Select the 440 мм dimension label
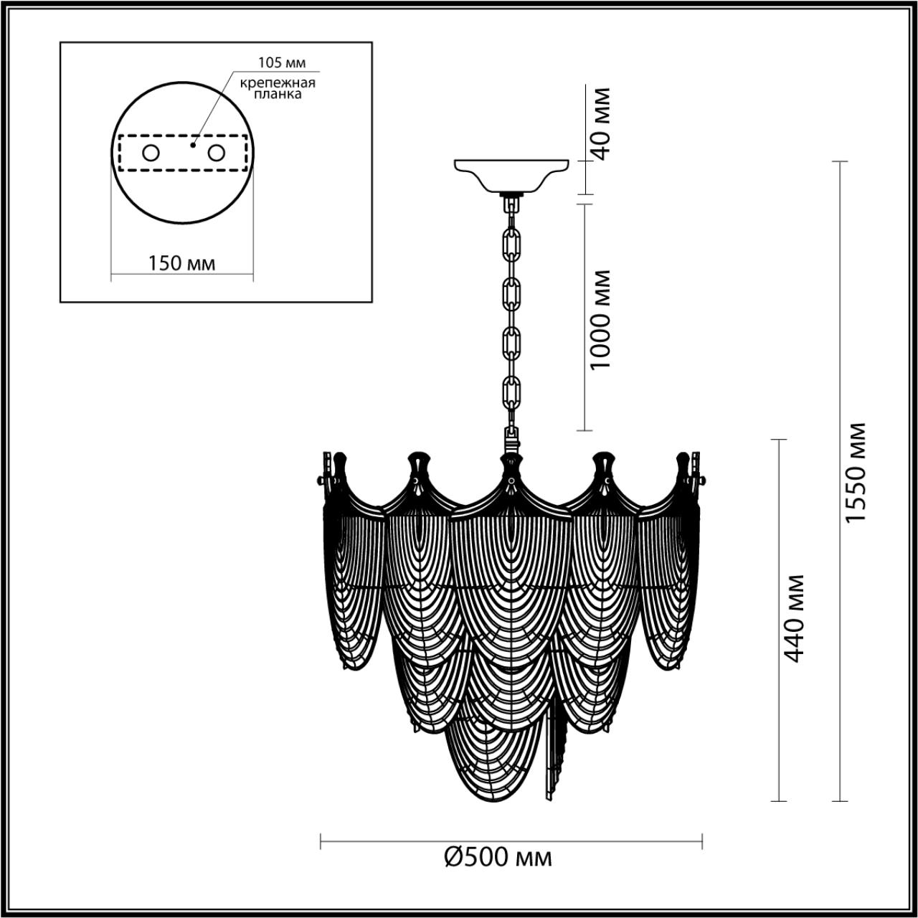pos(793,617)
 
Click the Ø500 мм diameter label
pos(499,856)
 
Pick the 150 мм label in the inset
pos(181,263)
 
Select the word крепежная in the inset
pos(278,82)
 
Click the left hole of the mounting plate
pos(151,153)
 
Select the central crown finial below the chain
pos(511,470)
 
